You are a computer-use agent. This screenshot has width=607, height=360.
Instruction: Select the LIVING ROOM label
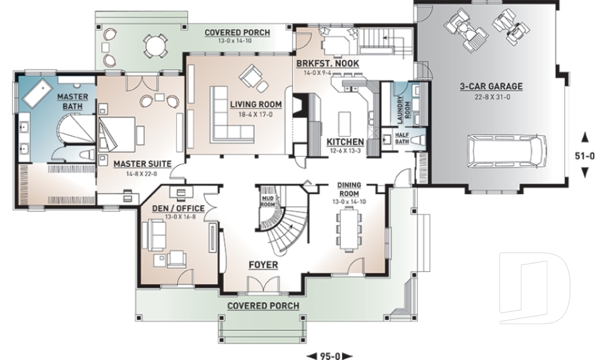[x=255, y=104]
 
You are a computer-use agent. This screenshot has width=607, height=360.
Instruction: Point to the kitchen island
[x=345, y=121]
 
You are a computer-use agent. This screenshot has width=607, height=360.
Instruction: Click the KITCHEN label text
[x=345, y=142]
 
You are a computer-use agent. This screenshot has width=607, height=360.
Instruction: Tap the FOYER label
[x=262, y=264]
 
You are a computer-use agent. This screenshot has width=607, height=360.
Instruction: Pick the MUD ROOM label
[x=267, y=201]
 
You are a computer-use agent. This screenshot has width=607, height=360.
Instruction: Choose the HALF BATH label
[x=402, y=138]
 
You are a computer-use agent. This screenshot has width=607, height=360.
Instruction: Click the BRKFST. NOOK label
[x=327, y=64]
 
